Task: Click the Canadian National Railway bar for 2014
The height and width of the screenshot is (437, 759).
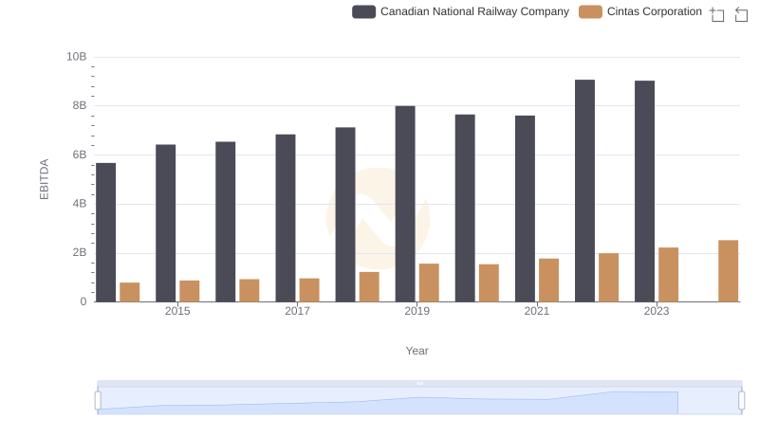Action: click(x=105, y=232)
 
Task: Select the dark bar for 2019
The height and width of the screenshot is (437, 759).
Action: click(x=405, y=204)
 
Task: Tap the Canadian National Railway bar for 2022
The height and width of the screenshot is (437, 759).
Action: click(x=584, y=191)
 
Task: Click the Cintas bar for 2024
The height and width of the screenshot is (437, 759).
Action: click(x=728, y=271)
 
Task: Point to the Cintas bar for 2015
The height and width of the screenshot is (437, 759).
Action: click(x=190, y=291)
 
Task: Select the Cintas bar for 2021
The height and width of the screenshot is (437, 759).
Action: click(x=548, y=281)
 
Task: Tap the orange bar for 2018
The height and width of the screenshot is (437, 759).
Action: click(x=369, y=287)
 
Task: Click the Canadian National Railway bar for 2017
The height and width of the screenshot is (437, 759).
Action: click(x=286, y=218)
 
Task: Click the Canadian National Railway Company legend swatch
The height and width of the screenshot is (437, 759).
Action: click(x=364, y=11)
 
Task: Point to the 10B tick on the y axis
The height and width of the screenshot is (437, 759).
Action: click(x=76, y=57)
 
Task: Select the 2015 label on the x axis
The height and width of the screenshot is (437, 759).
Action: click(x=177, y=312)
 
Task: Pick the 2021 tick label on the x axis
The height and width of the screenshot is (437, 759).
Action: click(x=537, y=312)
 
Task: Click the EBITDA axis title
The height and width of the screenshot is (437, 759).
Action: click(x=44, y=179)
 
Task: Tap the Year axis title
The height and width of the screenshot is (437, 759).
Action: click(x=417, y=351)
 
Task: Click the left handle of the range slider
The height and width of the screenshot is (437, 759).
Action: click(x=98, y=401)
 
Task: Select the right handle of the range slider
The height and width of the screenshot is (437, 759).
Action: click(x=741, y=401)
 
